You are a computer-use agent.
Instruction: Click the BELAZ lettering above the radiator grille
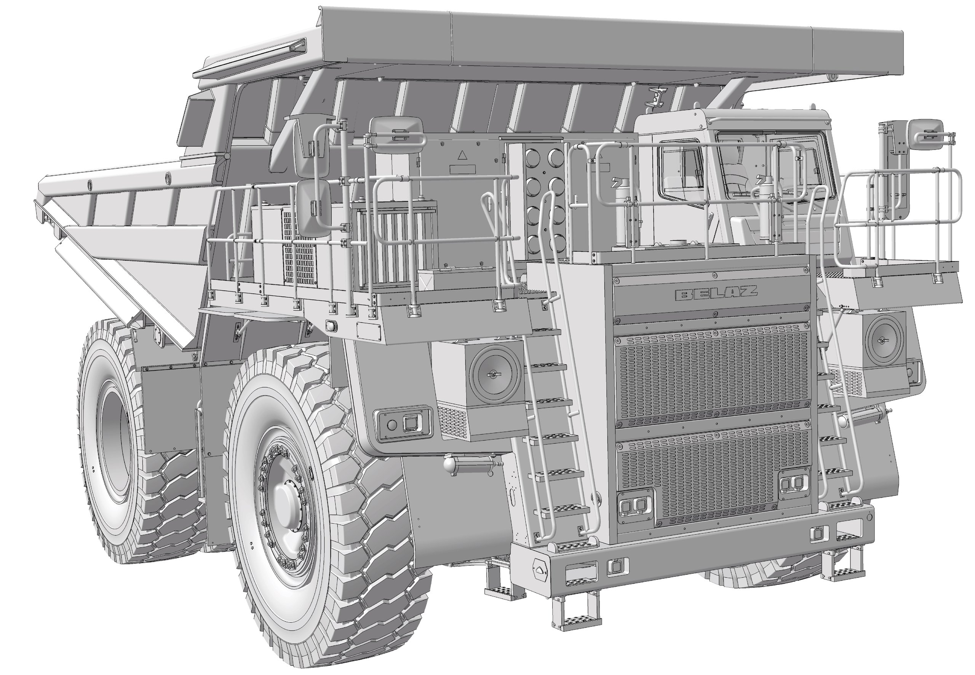[716, 293]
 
